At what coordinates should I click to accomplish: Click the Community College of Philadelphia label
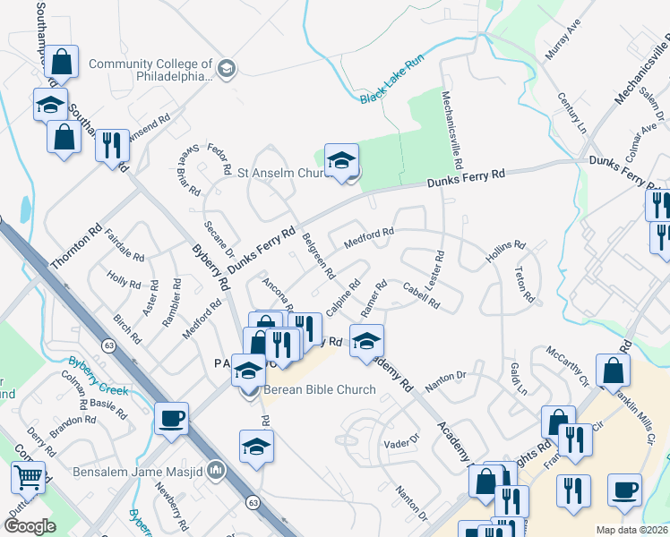click(150, 70)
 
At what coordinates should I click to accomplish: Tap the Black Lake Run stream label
click(391, 85)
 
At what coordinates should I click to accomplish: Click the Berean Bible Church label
click(320, 389)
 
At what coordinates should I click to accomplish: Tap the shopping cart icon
click(27, 480)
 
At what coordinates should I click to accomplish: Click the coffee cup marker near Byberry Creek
click(171, 418)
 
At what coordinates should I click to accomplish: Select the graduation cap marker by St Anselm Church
click(341, 160)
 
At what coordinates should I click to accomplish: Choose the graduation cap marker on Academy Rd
click(366, 341)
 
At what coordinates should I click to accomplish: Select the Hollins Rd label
click(505, 249)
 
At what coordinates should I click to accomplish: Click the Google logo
click(30, 525)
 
